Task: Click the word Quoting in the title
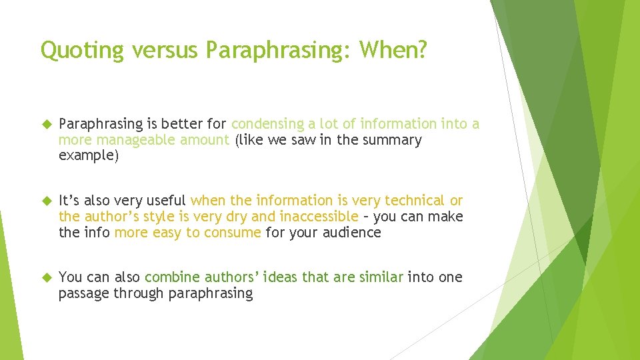[74, 51]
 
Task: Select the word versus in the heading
[157, 51]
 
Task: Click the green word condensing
[266, 124]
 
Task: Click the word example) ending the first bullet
[89, 156]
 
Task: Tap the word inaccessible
[319, 217]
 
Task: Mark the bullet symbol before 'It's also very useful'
[45, 201]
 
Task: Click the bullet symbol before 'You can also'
[45, 277]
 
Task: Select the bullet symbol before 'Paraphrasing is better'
[45, 124]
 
